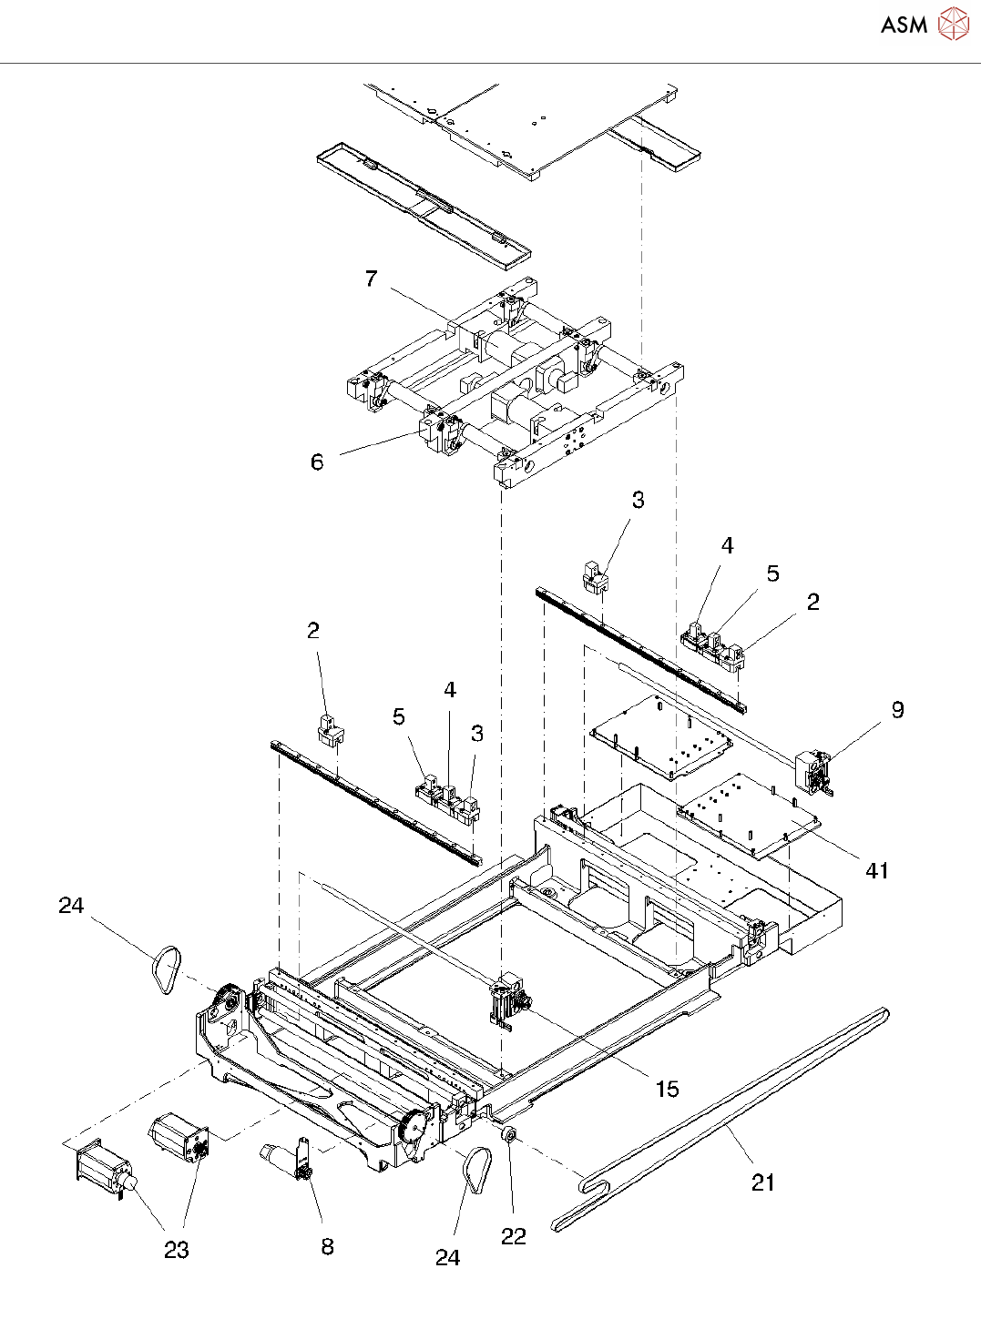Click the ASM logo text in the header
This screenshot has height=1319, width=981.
pyautogui.click(x=904, y=25)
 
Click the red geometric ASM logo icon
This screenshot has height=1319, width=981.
pyautogui.click(x=953, y=24)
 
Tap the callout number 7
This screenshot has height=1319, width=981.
pyautogui.click(x=372, y=279)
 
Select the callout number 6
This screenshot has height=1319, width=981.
pyautogui.click(x=317, y=462)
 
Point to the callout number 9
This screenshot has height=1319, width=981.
pyautogui.click(x=898, y=709)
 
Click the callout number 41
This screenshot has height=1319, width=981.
pyautogui.click(x=877, y=871)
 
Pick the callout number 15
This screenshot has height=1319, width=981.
pyautogui.click(x=668, y=1089)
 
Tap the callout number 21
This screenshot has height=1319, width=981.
pyautogui.click(x=762, y=1182)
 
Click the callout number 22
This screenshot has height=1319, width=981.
pyautogui.click(x=514, y=1237)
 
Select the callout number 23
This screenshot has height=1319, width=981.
pyautogui.click(x=177, y=1251)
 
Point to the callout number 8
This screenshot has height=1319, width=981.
pyautogui.click(x=327, y=1247)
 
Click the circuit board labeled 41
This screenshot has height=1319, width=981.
pyautogui.click(x=749, y=816)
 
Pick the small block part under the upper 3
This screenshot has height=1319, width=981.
pyautogui.click(x=595, y=577)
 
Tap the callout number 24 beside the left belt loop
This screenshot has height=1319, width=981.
pyautogui.click(x=71, y=906)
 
